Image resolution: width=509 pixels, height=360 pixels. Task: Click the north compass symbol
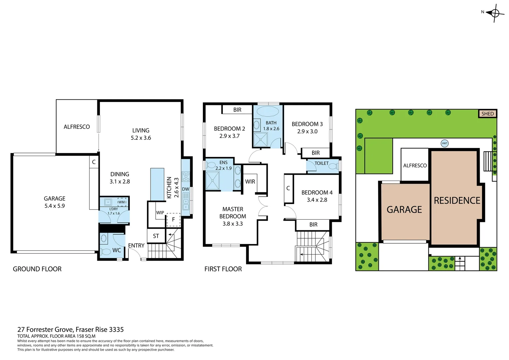pyautogui.click(x=495, y=13)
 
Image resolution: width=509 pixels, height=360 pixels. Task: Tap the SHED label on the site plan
pyautogui.click(x=487, y=114)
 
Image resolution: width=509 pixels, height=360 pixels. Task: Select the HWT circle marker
pyautogui.click(x=444, y=143)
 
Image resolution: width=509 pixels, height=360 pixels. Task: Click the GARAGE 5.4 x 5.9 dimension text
pyautogui.click(x=55, y=206)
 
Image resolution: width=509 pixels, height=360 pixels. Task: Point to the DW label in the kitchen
pyautogui.click(x=186, y=189)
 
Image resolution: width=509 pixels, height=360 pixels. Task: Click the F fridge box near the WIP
pyautogui.click(x=173, y=219)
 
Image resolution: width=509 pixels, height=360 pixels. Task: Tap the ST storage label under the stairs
pyautogui.click(x=156, y=236)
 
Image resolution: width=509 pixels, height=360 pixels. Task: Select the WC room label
pyautogui.click(x=117, y=250)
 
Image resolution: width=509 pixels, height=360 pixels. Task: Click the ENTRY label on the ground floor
pyautogui.click(x=136, y=245)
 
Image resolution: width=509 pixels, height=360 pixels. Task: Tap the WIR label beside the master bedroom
pyautogui.click(x=250, y=182)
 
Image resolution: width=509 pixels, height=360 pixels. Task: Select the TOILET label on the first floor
pyautogui.click(x=321, y=163)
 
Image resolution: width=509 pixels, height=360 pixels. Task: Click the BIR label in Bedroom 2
pyautogui.click(x=237, y=110)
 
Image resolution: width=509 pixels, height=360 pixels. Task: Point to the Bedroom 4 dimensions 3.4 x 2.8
pyautogui.click(x=317, y=200)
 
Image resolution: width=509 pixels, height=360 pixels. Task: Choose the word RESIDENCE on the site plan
pyautogui.click(x=457, y=201)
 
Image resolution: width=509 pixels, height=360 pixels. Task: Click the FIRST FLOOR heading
pyautogui.click(x=223, y=269)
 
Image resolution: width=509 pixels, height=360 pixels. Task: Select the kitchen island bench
pyautogui.click(x=157, y=184)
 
